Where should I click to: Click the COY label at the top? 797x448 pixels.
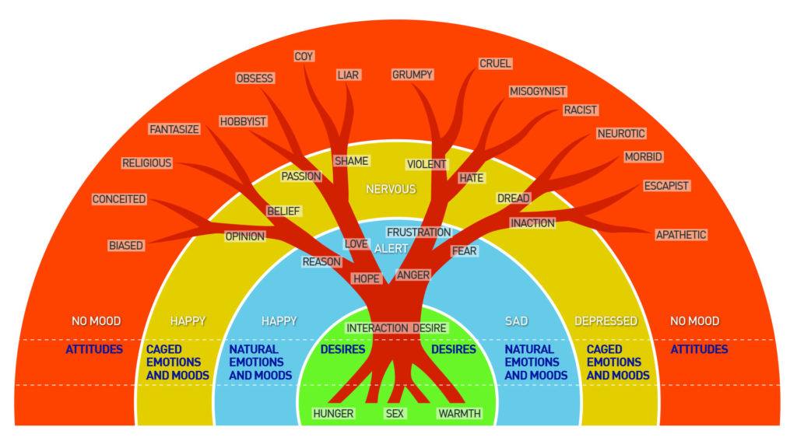[304, 56]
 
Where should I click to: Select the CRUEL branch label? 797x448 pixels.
[495, 64]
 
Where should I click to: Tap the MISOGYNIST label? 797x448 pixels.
[538, 92]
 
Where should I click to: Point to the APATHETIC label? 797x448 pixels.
[681, 235]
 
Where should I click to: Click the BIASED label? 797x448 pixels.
[126, 246]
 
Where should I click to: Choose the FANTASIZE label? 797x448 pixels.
[174, 130]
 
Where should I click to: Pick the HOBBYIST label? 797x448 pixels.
[243, 122]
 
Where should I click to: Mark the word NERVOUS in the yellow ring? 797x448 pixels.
[391, 190]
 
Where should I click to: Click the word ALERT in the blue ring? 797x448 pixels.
[391, 249]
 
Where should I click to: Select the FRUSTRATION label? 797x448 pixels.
[419, 233]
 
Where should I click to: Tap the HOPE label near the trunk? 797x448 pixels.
[367, 279]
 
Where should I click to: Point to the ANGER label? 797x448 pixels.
[413, 275]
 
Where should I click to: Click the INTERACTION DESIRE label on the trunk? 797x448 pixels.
[396, 329]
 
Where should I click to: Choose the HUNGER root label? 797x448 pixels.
[333, 414]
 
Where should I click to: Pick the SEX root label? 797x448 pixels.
[395, 414]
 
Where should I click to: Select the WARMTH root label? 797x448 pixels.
[459, 414]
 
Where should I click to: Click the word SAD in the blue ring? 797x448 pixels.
[517, 321]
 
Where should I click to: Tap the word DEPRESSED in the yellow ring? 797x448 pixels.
[606, 321]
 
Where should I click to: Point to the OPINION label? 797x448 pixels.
[245, 236]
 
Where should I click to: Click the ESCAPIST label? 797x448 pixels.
[666, 187]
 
